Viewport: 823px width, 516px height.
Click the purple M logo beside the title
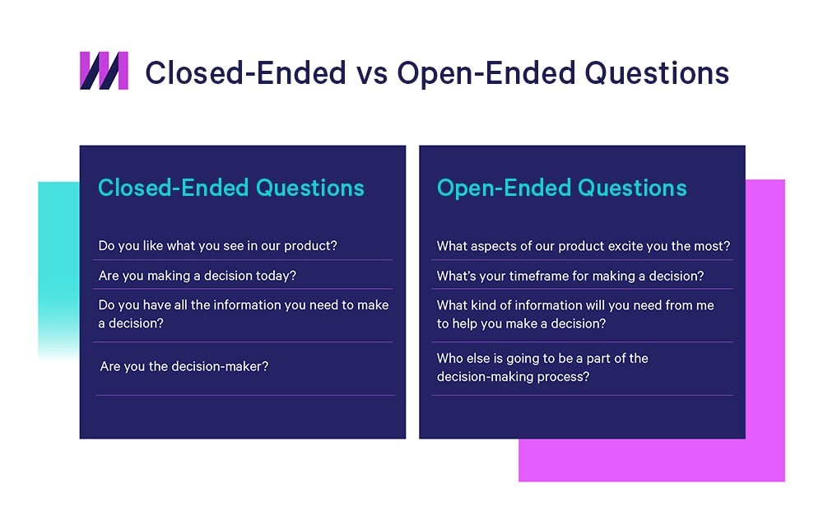[x=104, y=71]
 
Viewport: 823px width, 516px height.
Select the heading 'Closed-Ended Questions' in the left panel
[x=230, y=188]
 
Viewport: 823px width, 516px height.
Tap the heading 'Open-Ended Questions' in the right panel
[x=561, y=188]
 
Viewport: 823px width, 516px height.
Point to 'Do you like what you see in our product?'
[x=217, y=245]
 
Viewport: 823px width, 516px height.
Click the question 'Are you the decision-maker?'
[x=184, y=366]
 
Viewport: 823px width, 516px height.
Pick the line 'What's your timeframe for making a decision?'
[x=570, y=276]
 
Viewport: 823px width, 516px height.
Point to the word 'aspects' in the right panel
[x=500, y=245]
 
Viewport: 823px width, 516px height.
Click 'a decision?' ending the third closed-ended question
[x=131, y=323]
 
